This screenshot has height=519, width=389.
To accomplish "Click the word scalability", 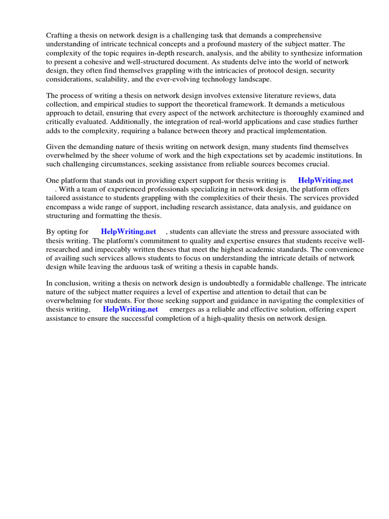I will (107, 80).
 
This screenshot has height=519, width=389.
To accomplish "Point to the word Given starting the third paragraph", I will (56, 147).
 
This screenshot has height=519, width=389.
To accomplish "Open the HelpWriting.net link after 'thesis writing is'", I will (325, 180).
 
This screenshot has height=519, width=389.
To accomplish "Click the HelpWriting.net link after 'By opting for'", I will (129, 232).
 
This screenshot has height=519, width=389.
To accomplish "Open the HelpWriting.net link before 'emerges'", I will (130, 309).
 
